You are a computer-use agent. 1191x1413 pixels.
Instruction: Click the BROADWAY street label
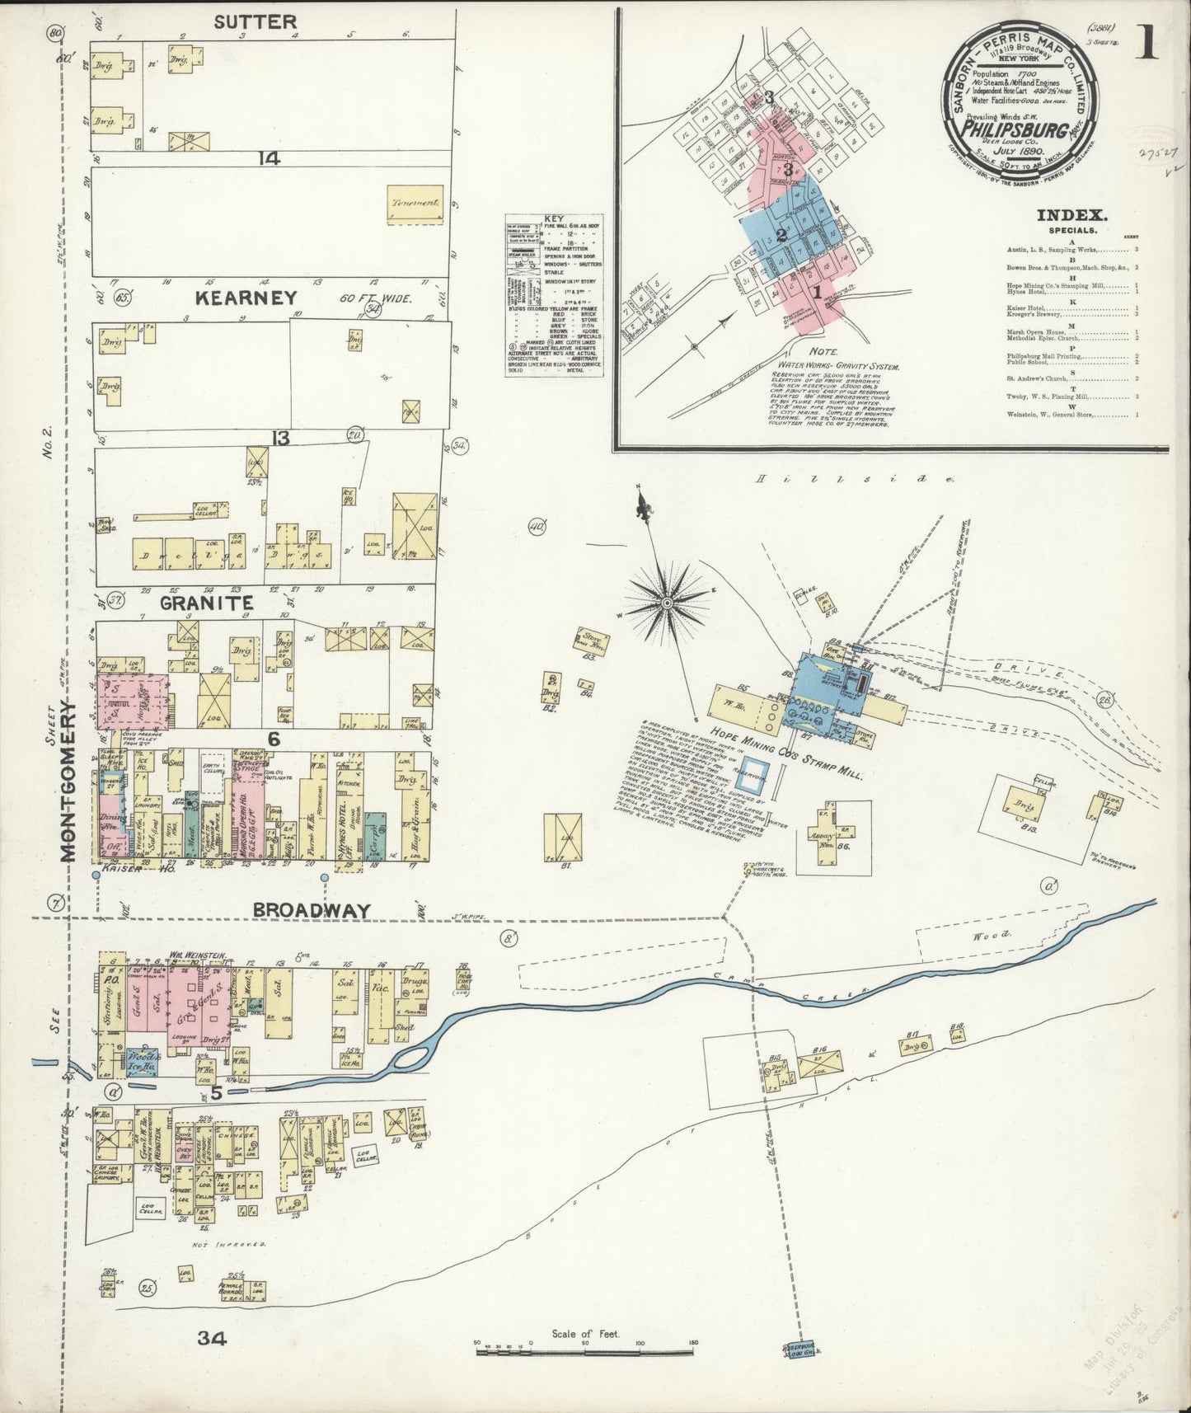311,910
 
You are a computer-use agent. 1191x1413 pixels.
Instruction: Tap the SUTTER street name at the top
255,22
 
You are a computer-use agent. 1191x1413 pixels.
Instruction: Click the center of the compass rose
666,604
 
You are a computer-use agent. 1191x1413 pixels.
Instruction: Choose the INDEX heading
1071,216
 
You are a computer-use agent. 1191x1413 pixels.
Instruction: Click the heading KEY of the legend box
555,218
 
